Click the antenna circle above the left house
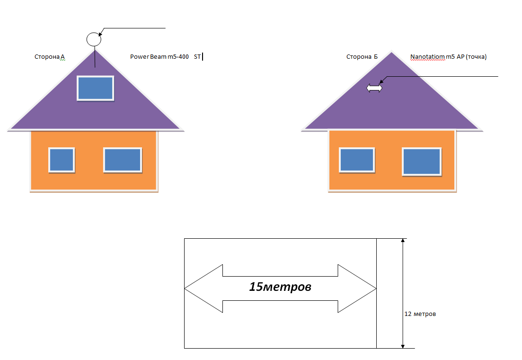pyautogui.click(x=94, y=39)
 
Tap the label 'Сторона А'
pyautogui.click(x=50, y=57)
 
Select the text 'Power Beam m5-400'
pyautogui.click(x=159, y=57)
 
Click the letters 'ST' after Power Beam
pyautogui.click(x=197, y=57)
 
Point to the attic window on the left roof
pyautogui.click(x=96, y=88)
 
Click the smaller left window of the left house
pyautogui.click(x=62, y=160)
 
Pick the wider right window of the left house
pyautogui.click(x=123, y=160)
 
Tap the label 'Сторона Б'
pyautogui.click(x=362, y=57)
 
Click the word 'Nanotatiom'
pyautogui.click(x=427, y=57)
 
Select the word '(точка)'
pyautogui.click(x=477, y=57)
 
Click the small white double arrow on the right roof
pyautogui.click(x=374, y=88)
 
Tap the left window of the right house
pyautogui.click(x=357, y=160)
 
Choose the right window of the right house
pyautogui.click(x=422, y=162)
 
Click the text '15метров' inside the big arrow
pyautogui.click(x=280, y=287)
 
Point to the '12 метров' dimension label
pyautogui.click(x=420, y=314)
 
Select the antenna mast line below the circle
pyautogui.click(x=95, y=57)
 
